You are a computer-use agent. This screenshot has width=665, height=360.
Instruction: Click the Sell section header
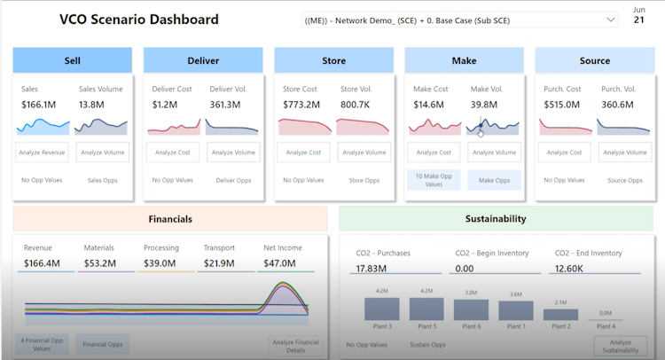(x=72, y=60)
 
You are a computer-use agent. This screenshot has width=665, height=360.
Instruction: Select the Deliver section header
(x=203, y=60)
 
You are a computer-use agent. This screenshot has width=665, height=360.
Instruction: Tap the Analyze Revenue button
(x=42, y=153)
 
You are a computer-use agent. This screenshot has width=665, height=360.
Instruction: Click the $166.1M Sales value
(x=39, y=105)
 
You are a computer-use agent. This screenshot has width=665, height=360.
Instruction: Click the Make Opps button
(x=494, y=180)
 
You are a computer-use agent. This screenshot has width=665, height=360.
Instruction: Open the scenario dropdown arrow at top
(x=610, y=20)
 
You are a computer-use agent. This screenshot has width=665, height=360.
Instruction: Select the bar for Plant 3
(x=384, y=308)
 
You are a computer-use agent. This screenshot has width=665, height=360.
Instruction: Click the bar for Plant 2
(x=560, y=313)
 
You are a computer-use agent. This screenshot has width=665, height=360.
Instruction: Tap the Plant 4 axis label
(x=605, y=326)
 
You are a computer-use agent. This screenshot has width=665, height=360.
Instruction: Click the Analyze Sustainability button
(x=621, y=346)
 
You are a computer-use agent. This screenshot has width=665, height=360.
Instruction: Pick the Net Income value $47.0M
(x=281, y=263)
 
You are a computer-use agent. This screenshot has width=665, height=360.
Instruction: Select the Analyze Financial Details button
(x=295, y=346)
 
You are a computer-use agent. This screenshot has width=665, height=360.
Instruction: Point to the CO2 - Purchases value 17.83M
(x=371, y=268)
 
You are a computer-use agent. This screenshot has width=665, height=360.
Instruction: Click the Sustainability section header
(x=495, y=218)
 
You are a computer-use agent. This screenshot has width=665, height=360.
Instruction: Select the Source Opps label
(x=624, y=180)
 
